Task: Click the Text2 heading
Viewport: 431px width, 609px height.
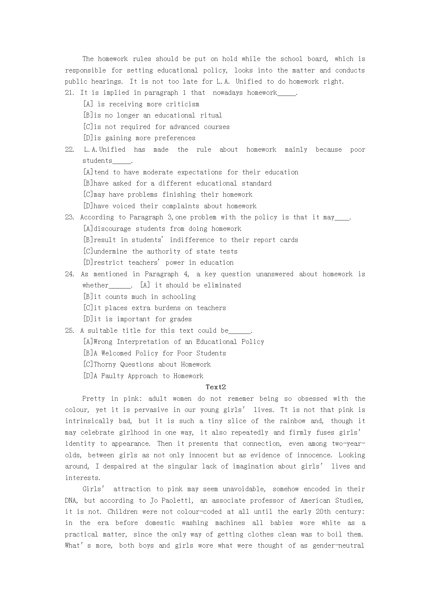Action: click(216, 387)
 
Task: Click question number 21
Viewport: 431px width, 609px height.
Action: click(69, 93)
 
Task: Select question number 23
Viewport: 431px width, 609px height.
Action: click(69, 217)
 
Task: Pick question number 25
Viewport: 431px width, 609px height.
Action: click(69, 331)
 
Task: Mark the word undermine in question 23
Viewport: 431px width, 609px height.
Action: click(110, 251)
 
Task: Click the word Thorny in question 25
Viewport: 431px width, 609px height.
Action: click(105, 364)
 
